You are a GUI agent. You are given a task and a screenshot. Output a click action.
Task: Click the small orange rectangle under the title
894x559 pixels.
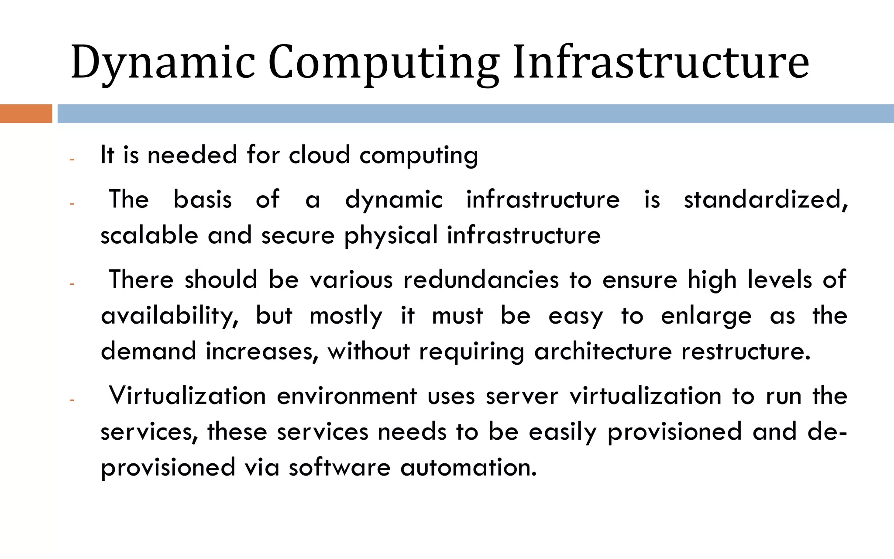26,114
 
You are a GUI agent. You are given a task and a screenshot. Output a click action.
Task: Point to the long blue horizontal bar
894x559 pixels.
475,114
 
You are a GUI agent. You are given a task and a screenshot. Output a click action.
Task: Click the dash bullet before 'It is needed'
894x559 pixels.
72,159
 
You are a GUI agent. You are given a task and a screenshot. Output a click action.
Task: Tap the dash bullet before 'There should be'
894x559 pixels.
72,284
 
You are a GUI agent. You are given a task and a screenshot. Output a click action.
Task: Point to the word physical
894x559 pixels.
391,236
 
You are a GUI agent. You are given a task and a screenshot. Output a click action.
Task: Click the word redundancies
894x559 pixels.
481,280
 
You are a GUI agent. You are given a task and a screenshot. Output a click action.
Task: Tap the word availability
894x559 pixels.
170,316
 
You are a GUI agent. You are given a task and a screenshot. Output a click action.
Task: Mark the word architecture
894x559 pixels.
603,351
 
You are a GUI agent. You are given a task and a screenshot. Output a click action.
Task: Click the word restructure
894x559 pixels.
746,351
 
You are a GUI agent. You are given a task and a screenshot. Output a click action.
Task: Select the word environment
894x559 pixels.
347,397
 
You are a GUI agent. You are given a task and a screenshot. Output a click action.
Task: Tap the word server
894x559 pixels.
522,397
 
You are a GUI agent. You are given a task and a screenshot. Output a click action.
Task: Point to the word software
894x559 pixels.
340,467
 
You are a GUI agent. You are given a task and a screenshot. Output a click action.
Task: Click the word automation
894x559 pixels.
468,467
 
